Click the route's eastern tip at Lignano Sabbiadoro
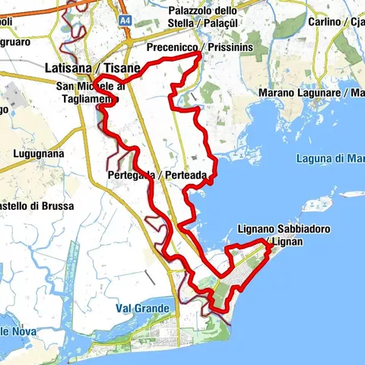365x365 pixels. (x=267, y=241)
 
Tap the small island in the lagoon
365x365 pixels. (x=314, y=205)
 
